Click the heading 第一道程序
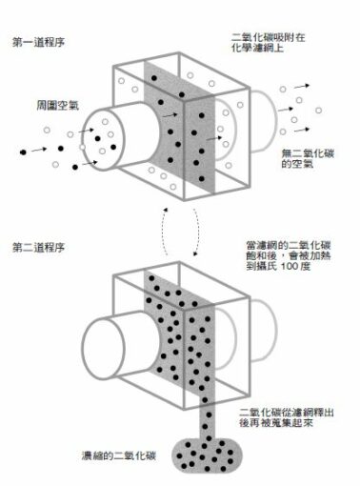[38, 42]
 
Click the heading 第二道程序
[38, 248]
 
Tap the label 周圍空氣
[57, 106]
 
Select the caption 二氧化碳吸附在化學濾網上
[269, 43]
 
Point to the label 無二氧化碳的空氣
[308, 158]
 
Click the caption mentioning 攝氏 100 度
[289, 255]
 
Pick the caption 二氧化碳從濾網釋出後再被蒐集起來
[287, 417]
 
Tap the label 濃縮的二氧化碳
[119, 456]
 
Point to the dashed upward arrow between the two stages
[164, 232]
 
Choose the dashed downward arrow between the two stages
[196, 232]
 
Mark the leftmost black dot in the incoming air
[23, 152]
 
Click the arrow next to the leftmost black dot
[39, 150]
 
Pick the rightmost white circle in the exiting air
[318, 111]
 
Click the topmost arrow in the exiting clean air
[302, 86]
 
